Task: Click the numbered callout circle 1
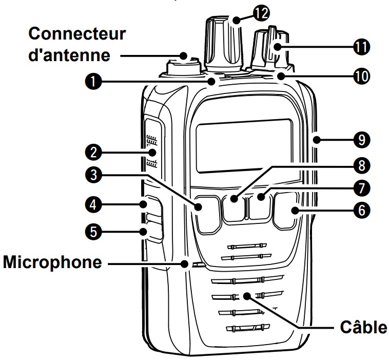(93, 81)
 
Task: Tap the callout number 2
(93, 152)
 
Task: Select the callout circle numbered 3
(93, 175)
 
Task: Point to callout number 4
(93, 205)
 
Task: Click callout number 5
(93, 232)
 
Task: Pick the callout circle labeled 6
(362, 210)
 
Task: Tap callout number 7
(362, 188)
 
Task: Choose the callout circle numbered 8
(362, 165)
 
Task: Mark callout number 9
(362, 140)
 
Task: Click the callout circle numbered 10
(362, 76)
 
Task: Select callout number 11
(362, 47)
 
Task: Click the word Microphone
(52, 262)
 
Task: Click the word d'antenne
(69, 55)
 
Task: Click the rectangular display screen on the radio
(244, 146)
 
